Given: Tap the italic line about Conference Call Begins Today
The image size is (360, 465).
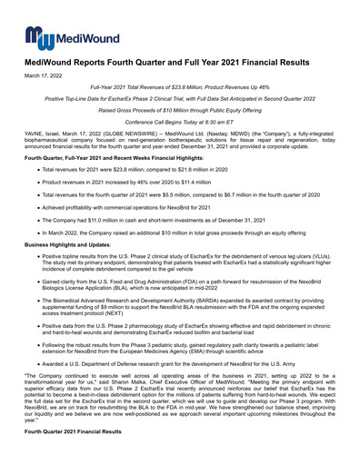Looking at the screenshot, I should point(180,120).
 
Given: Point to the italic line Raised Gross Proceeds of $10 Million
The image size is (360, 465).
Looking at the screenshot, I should point(180,108).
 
